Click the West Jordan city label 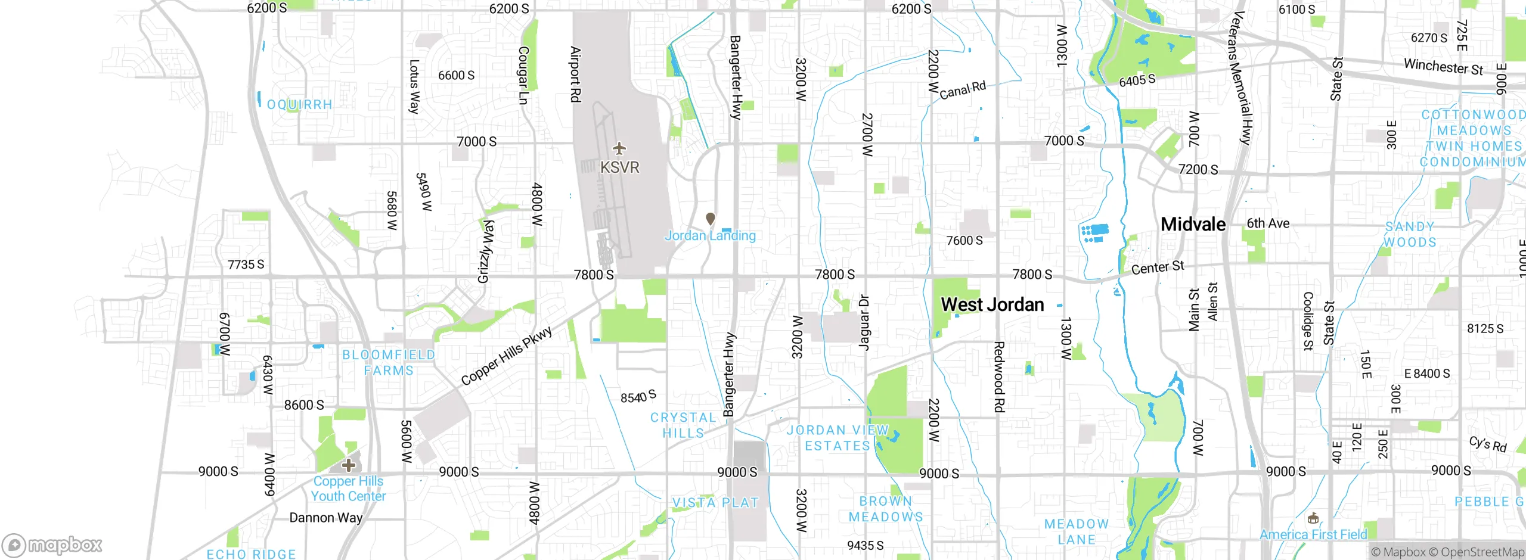click(992, 304)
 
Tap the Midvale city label click(1193, 225)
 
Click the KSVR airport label click(619, 167)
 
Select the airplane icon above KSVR click(619, 148)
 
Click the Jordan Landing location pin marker click(710, 219)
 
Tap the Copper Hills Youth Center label click(348, 489)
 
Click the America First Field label click(1313, 534)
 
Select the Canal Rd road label click(962, 90)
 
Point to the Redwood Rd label click(999, 377)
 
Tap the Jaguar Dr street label click(864, 322)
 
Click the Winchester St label click(1443, 66)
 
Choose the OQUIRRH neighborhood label click(299, 105)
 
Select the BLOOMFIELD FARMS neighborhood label click(389, 362)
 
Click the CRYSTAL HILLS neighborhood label click(683, 425)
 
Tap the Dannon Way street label click(325, 518)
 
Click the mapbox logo click(52, 545)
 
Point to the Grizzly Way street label click(486, 251)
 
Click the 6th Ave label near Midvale click(1268, 223)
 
